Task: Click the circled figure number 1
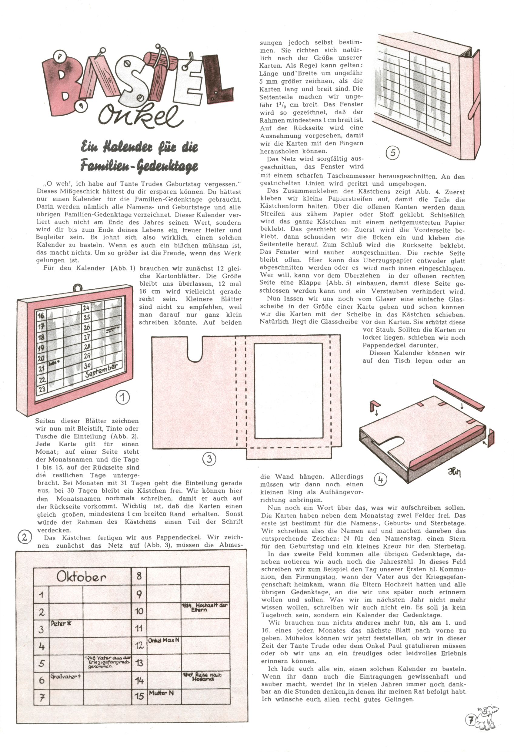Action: click(x=123, y=397)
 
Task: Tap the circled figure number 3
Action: click(x=209, y=458)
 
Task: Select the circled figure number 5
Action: click(x=393, y=153)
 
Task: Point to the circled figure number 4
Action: click(x=380, y=479)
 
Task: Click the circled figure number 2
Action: click(x=24, y=537)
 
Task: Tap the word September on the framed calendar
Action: click(x=101, y=371)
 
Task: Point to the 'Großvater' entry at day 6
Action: click(x=66, y=676)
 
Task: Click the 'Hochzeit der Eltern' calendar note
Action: click(x=205, y=607)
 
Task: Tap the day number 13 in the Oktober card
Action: click(x=139, y=663)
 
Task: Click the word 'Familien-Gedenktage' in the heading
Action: click(x=139, y=166)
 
